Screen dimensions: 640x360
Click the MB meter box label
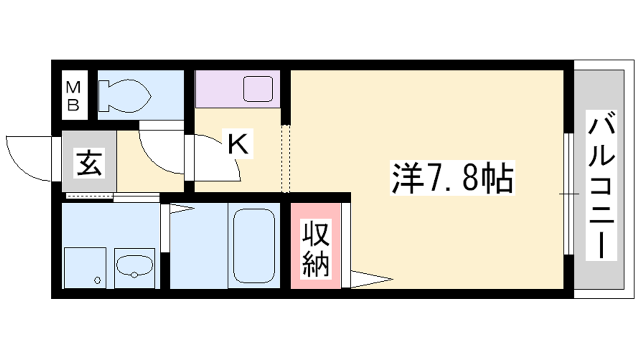click(x=73, y=96)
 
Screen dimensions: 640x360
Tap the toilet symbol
click(x=124, y=96)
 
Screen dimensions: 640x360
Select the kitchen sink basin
click(x=258, y=89)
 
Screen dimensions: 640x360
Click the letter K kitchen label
click(x=238, y=144)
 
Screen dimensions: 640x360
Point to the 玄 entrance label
click(x=89, y=163)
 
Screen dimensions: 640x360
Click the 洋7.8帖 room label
click(x=452, y=178)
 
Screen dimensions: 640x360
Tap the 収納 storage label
click(x=316, y=249)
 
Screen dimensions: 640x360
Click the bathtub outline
click(x=254, y=246)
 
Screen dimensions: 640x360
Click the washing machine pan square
click(x=85, y=268)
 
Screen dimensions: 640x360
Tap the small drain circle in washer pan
click(x=98, y=280)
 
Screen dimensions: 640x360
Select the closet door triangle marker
click(x=372, y=279)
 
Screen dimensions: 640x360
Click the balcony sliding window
click(x=570, y=194)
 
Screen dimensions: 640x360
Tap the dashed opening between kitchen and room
click(x=286, y=159)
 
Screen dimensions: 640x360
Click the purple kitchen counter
click(x=238, y=89)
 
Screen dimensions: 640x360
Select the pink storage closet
click(x=316, y=246)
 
